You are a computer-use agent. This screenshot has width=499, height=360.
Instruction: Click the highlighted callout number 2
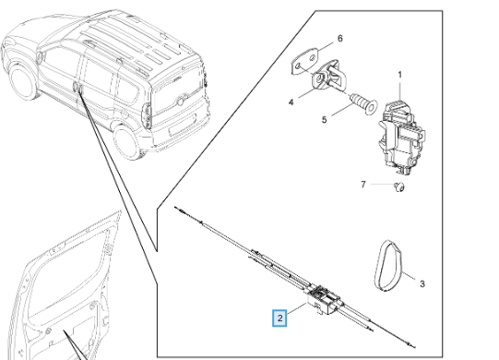click(279, 318)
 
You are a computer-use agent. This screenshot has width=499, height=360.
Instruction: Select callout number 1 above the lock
click(400, 75)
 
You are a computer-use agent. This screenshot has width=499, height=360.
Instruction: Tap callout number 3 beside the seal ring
click(422, 283)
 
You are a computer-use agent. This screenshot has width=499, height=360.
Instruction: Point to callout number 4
click(291, 102)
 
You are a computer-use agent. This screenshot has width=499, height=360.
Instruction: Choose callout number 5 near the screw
click(324, 120)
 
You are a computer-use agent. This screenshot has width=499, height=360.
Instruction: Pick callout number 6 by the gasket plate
click(339, 39)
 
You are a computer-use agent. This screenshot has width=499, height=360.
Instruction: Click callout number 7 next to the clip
click(363, 185)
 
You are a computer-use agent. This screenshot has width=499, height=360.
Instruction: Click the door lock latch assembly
click(401, 137)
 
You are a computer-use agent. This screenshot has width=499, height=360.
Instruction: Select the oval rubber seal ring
click(389, 265)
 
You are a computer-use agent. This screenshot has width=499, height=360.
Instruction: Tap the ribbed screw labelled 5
click(363, 102)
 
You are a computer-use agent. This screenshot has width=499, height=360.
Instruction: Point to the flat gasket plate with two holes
click(305, 62)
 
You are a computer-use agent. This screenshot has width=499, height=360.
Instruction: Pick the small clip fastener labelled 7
click(399, 187)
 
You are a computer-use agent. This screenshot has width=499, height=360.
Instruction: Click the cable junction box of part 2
click(322, 298)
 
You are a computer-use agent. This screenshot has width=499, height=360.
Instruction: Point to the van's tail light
click(147, 116)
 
